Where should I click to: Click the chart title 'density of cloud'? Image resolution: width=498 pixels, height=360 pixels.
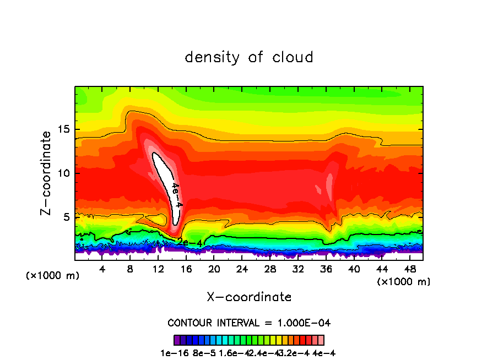(x=249, y=57)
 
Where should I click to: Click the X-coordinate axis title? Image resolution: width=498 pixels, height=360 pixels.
(x=249, y=297)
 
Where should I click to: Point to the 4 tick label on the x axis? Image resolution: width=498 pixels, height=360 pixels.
(x=102, y=269)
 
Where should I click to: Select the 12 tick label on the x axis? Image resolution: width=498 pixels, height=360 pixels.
(x=158, y=269)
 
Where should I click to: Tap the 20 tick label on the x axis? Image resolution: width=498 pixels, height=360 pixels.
(x=214, y=269)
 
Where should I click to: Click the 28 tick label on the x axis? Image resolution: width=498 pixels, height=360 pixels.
(x=270, y=269)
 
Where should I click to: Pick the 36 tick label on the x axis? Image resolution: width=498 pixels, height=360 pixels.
(x=326, y=269)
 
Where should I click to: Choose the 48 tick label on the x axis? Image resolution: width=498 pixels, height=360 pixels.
(x=409, y=269)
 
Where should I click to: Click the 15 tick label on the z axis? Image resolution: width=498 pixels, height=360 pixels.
(x=66, y=129)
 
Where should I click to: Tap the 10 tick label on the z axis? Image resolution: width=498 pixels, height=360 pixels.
(x=66, y=173)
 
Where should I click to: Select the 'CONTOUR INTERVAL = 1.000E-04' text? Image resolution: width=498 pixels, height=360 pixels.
(x=249, y=323)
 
